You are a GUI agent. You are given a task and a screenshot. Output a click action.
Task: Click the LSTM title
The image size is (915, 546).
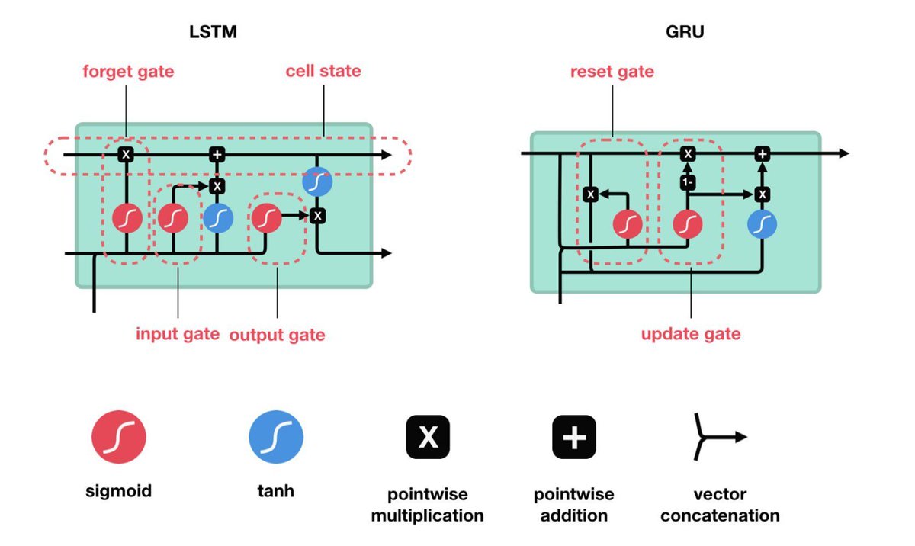tap(213, 32)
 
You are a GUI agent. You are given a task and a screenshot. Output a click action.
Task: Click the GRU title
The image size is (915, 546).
tap(685, 32)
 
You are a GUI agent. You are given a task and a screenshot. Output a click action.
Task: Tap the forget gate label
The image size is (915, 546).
tap(128, 72)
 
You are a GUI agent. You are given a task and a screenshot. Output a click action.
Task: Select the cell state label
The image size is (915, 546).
tap(323, 71)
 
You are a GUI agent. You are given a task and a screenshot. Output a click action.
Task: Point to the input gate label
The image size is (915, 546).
tap(178, 334)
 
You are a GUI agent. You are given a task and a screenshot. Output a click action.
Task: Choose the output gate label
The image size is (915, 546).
tap(277, 335)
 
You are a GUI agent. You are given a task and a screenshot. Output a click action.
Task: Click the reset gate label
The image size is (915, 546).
tap(612, 72)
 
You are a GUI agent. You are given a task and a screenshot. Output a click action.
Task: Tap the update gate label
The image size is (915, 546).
tap(691, 334)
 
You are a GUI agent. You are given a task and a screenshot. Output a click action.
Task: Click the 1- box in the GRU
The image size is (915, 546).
tap(688, 182)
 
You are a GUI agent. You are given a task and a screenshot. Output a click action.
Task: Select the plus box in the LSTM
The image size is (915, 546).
tap(217, 155)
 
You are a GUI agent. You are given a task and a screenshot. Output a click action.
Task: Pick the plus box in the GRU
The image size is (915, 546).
tap(762, 154)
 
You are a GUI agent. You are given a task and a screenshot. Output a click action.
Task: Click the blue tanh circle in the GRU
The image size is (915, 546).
tap(762, 224)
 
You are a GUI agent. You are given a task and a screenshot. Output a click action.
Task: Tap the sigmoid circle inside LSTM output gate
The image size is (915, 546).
tap(266, 218)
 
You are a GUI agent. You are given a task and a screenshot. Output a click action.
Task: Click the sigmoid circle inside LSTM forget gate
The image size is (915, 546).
tap(127, 218)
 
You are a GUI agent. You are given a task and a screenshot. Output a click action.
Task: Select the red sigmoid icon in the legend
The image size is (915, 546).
tap(118, 437)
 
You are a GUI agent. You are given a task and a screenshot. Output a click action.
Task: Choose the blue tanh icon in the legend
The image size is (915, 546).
tap(276, 437)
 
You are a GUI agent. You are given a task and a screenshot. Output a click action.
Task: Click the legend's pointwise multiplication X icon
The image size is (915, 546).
tap(428, 437)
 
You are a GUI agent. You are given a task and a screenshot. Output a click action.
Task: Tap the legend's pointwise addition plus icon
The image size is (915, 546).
tap(574, 437)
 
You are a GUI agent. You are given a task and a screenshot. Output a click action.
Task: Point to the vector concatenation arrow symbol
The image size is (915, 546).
tap(719, 437)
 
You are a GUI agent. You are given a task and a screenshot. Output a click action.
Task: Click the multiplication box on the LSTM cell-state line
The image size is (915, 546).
tap(126, 155)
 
